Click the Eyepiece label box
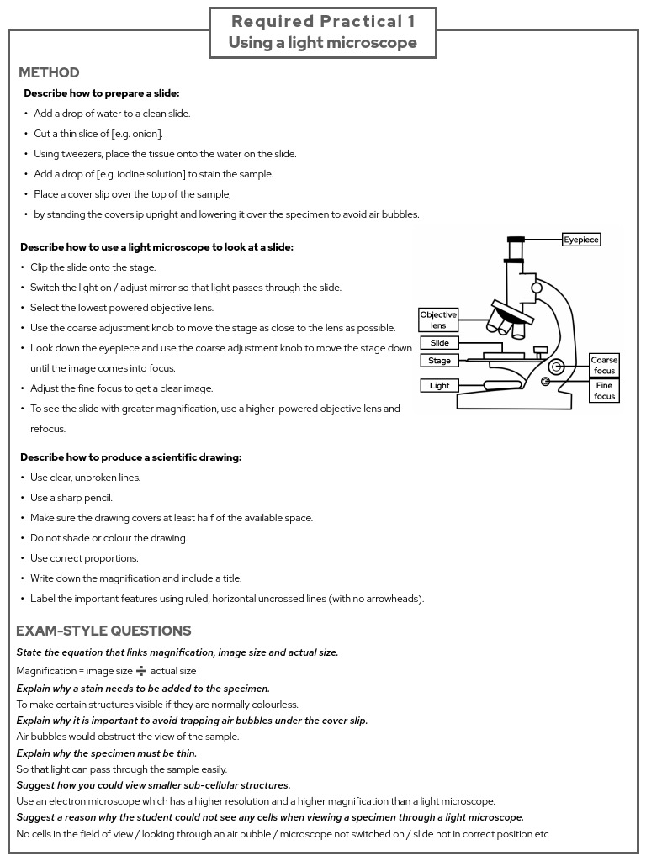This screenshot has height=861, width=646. pyautogui.click(x=581, y=240)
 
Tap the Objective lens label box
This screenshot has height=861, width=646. pyautogui.click(x=438, y=320)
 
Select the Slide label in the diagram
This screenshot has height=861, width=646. pyautogui.click(x=439, y=343)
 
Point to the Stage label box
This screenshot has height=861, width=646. pyautogui.click(x=439, y=361)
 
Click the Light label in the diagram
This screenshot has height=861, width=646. pyautogui.click(x=439, y=386)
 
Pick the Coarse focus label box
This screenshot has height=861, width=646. pyautogui.click(x=604, y=366)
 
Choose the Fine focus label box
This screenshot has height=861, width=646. pyautogui.click(x=604, y=391)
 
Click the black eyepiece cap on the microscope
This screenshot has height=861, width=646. pyautogui.click(x=516, y=240)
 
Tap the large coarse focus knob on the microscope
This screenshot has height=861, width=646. pyautogui.click(x=556, y=367)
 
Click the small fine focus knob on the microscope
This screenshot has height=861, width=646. pyautogui.click(x=546, y=382)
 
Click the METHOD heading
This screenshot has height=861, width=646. pyautogui.click(x=49, y=73)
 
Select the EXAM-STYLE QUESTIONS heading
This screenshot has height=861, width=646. pyautogui.click(x=103, y=631)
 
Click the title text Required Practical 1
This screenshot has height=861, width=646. pyautogui.click(x=323, y=22)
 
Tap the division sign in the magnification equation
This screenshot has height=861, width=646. pyautogui.click(x=141, y=671)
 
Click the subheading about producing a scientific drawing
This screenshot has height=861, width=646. pyautogui.click(x=130, y=457)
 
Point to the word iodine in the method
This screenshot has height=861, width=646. pyautogui.click(x=140, y=174)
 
